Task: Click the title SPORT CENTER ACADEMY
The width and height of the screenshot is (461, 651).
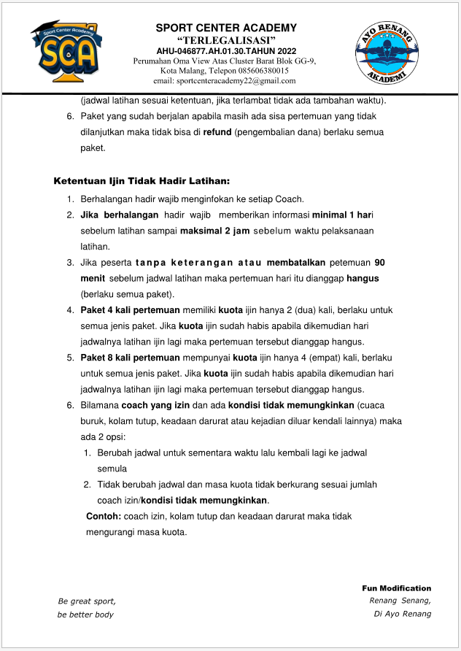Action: click(226, 28)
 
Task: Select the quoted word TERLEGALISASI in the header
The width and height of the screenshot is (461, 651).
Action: click(226, 39)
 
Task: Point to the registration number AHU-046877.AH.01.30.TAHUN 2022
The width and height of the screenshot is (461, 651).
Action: click(226, 51)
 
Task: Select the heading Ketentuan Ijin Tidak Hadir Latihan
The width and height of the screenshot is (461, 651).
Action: click(142, 181)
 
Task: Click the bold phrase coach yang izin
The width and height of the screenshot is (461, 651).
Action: click(154, 405)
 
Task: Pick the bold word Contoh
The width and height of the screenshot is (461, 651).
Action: click(104, 516)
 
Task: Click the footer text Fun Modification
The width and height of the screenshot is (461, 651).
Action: click(396, 588)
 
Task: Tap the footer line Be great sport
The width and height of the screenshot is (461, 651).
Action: click(87, 601)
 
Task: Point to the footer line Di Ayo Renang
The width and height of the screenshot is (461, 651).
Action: click(402, 614)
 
